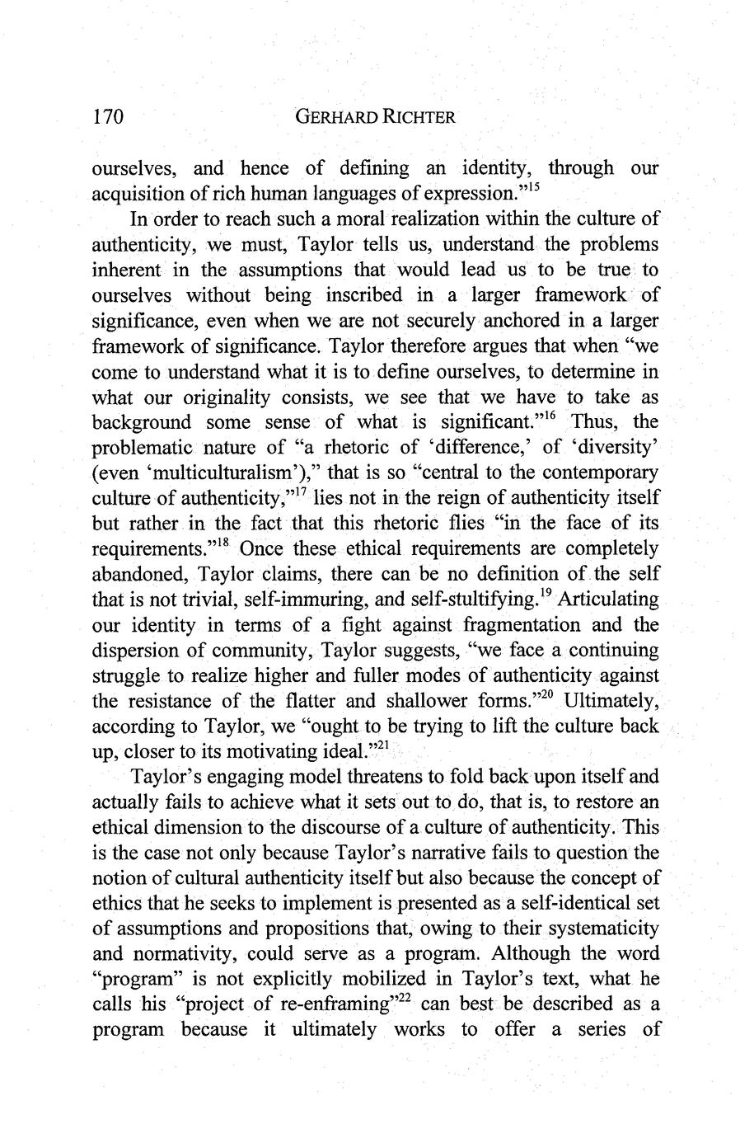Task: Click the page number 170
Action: (108, 117)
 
